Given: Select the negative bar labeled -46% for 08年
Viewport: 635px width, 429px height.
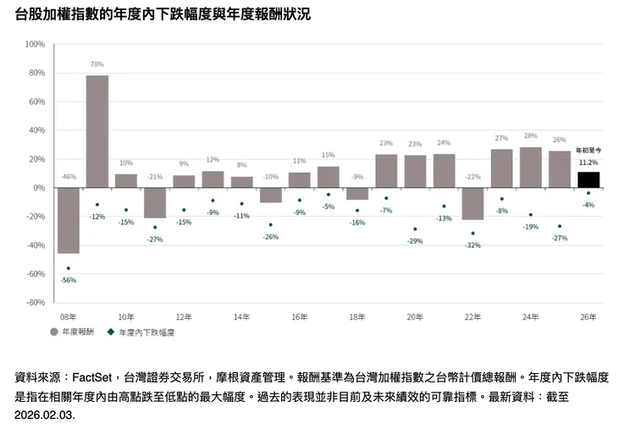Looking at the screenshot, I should (68, 220).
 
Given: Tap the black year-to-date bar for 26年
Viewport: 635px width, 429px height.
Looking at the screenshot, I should (588, 179).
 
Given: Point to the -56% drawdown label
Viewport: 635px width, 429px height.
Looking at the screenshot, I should (69, 280).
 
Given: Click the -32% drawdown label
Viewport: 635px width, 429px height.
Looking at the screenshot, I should (472, 245).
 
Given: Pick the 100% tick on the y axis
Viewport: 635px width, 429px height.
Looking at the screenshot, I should (35, 44).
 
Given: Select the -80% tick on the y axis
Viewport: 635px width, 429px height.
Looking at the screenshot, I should (35, 302).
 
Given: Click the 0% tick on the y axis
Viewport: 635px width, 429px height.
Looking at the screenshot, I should (39, 188).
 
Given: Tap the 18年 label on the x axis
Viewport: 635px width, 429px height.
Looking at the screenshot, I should (357, 317).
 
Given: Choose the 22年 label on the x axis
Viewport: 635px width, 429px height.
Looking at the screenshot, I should (472, 317).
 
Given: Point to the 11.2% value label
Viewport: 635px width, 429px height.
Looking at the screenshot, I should (588, 162).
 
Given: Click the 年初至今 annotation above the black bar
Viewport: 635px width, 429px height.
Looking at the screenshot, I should (588, 151).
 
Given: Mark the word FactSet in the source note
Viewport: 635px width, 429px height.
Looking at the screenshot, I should (93, 378).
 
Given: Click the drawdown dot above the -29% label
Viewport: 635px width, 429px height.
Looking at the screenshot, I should (415, 229).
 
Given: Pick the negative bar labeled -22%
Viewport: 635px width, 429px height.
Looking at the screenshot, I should (472, 204).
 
